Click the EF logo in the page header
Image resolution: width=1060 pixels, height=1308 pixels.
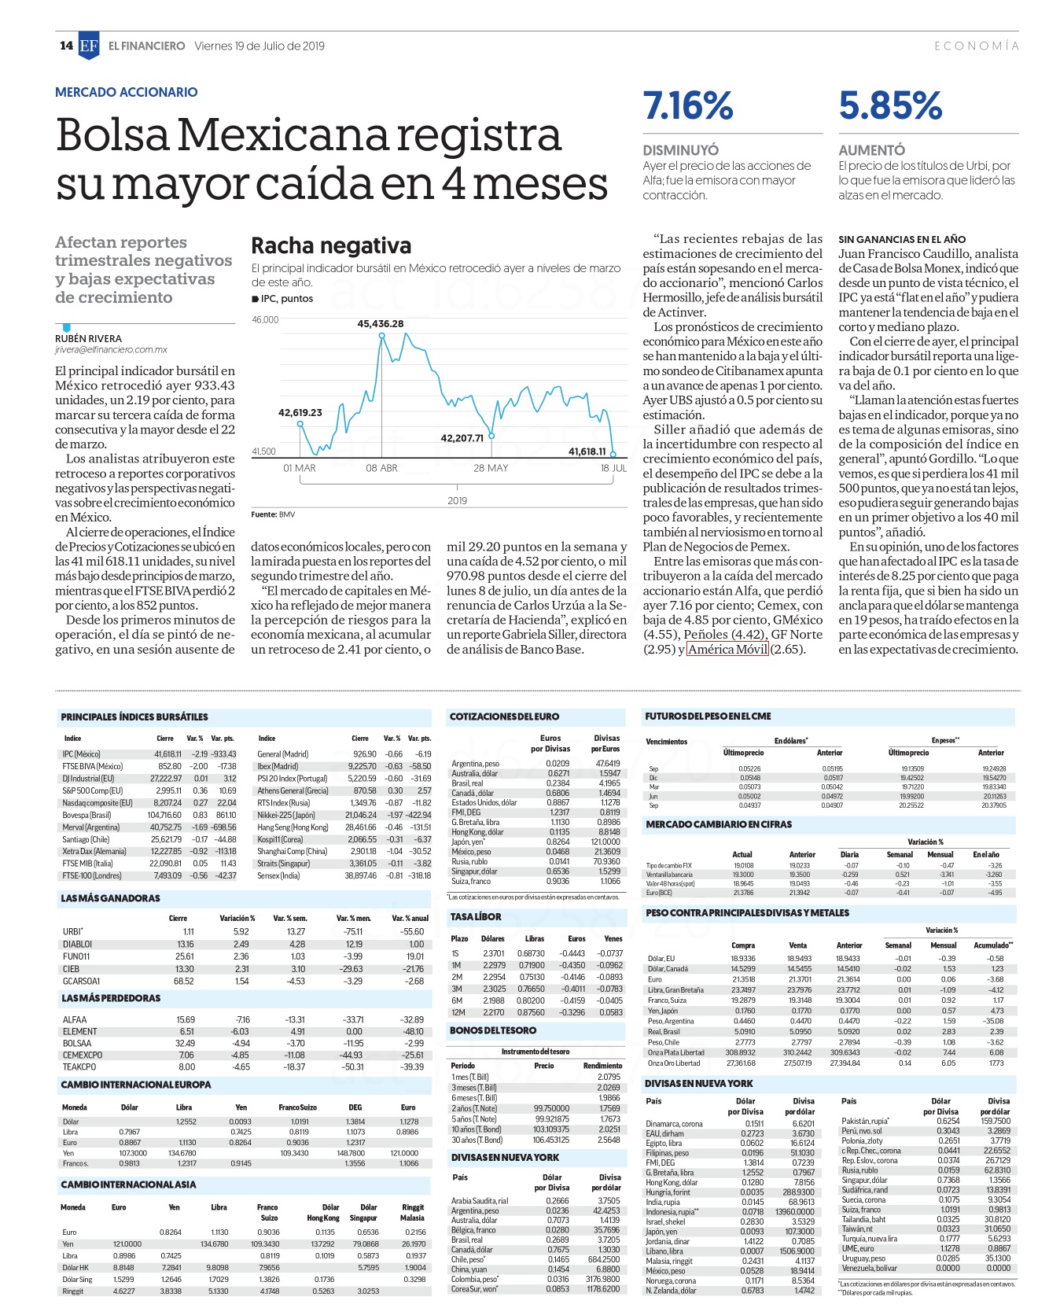click(89, 46)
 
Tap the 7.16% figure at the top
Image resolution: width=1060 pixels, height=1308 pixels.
click(688, 106)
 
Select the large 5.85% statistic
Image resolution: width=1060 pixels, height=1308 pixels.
click(890, 106)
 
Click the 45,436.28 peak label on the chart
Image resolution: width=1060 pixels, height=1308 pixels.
click(381, 323)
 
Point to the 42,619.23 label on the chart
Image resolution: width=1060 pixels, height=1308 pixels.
click(300, 412)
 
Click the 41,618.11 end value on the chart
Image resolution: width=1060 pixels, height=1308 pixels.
click(587, 451)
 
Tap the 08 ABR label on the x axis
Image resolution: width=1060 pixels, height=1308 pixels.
click(381, 468)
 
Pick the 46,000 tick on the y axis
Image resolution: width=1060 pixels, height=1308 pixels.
click(265, 319)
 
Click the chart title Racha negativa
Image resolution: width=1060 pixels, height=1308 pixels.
click(331, 246)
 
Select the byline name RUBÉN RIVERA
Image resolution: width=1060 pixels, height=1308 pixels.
click(88, 339)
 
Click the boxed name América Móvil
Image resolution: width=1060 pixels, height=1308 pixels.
click(727, 649)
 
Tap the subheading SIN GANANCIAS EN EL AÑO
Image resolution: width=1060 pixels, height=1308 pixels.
click(902, 239)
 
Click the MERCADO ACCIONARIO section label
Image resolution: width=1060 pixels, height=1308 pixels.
click(127, 92)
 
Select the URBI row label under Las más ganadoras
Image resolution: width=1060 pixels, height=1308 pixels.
click(73, 931)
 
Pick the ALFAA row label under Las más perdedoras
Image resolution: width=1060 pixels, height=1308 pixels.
click(75, 1019)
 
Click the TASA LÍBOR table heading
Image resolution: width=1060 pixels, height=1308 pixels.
click(476, 917)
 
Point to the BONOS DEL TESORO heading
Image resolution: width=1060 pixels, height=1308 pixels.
click(493, 1030)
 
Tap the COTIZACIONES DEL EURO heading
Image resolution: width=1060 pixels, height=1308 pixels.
click(504, 717)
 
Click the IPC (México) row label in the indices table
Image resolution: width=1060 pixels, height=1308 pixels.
click(82, 754)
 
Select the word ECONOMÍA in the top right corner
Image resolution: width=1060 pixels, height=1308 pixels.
click(977, 46)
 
